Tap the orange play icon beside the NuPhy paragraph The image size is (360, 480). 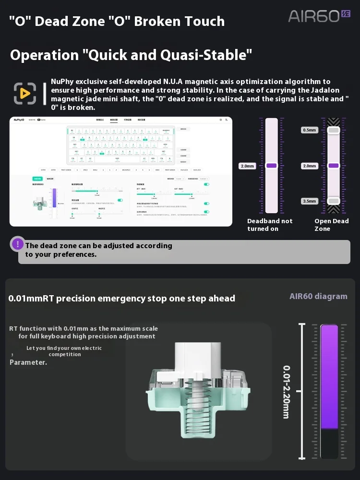(24, 93)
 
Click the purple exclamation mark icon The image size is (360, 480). (18, 244)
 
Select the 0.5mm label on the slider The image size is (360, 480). (309, 130)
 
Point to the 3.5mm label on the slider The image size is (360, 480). (309, 201)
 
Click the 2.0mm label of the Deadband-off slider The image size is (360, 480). (247, 166)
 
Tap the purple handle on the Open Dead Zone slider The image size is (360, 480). (334, 166)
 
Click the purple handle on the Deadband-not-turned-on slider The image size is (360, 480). (272, 166)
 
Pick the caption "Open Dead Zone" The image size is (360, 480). (331, 225)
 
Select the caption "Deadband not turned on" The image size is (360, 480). (270, 225)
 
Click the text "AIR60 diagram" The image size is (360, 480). (318, 296)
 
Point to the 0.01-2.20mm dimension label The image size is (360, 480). (286, 392)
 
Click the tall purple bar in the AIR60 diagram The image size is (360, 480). (329, 377)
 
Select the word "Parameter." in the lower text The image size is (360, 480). (28, 362)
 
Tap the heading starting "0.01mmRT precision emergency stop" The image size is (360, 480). (122, 299)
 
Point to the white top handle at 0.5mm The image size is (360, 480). (334, 130)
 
